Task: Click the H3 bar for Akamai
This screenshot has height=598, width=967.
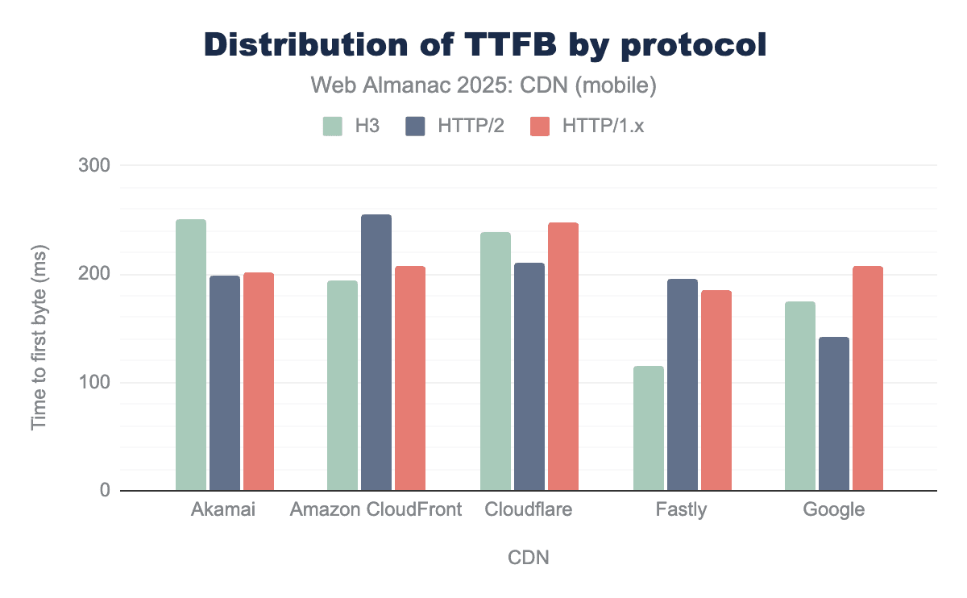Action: click(x=191, y=355)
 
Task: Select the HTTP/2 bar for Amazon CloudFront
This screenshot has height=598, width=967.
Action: click(x=376, y=352)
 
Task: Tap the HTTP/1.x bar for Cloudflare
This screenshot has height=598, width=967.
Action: click(x=562, y=356)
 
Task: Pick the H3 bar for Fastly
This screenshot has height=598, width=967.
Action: click(x=649, y=428)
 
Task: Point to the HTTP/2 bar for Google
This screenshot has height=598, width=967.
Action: click(x=834, y=413)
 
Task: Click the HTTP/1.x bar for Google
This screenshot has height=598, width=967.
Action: click(x=868, y=378)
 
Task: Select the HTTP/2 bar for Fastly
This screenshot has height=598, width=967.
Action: click(x=683, y=384)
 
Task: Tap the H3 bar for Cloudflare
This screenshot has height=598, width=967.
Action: click(x=496, y=361)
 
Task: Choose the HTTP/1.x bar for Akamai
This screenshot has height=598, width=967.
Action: click(x=259, y=381)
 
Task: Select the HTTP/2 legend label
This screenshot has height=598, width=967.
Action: click(x=471, y=127)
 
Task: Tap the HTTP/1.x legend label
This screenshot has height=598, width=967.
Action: click(x=604, y=127)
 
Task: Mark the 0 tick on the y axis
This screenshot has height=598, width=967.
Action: click(x=104, y=491)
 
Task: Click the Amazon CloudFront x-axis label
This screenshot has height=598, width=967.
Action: click(x=376, y=510)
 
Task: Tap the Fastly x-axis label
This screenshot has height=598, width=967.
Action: click(x=682, y=510)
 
